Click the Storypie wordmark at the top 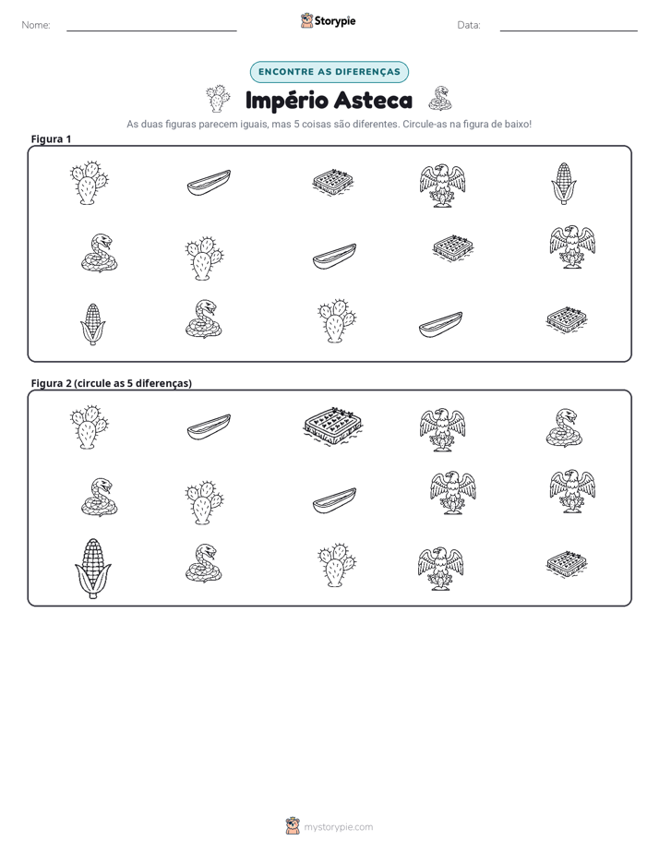[335, 21]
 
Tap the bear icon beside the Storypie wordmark [306, 20]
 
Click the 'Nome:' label [36, 25]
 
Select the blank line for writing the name [151, 30]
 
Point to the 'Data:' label [469, 25]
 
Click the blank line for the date [569, 30]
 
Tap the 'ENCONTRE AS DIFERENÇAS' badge [329, 72]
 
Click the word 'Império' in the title [286, 101]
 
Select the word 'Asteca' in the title [373, 101]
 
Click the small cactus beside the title [218, 99]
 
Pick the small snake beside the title [440, 99]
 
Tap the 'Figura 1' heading [51, 138]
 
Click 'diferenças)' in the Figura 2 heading [163, 383]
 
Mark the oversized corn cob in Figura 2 [93, 569]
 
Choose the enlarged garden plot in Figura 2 [333, 426]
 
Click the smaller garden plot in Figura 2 [567, 564]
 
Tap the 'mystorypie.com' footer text [338, 827]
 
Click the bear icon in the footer [293, 826]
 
